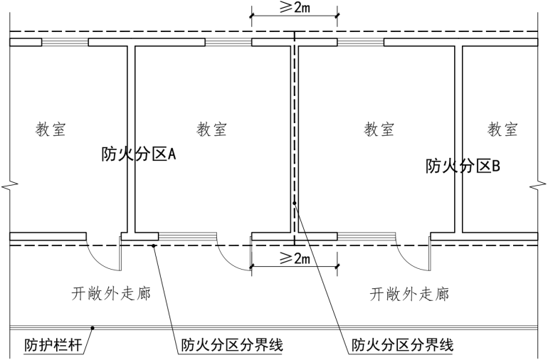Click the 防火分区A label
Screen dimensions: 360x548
139,153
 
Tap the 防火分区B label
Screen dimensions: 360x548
463,166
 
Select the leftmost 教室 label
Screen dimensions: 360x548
52,129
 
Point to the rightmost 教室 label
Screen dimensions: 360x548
502,129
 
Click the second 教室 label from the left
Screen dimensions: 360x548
212,129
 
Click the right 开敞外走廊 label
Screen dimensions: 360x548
410,292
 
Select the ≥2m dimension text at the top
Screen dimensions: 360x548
295,9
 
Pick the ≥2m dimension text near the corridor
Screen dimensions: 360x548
295,257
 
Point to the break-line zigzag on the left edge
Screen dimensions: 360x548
6,186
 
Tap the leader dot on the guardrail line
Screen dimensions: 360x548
91,329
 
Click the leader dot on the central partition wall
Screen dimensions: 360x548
295,204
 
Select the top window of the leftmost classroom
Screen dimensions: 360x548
65,42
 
